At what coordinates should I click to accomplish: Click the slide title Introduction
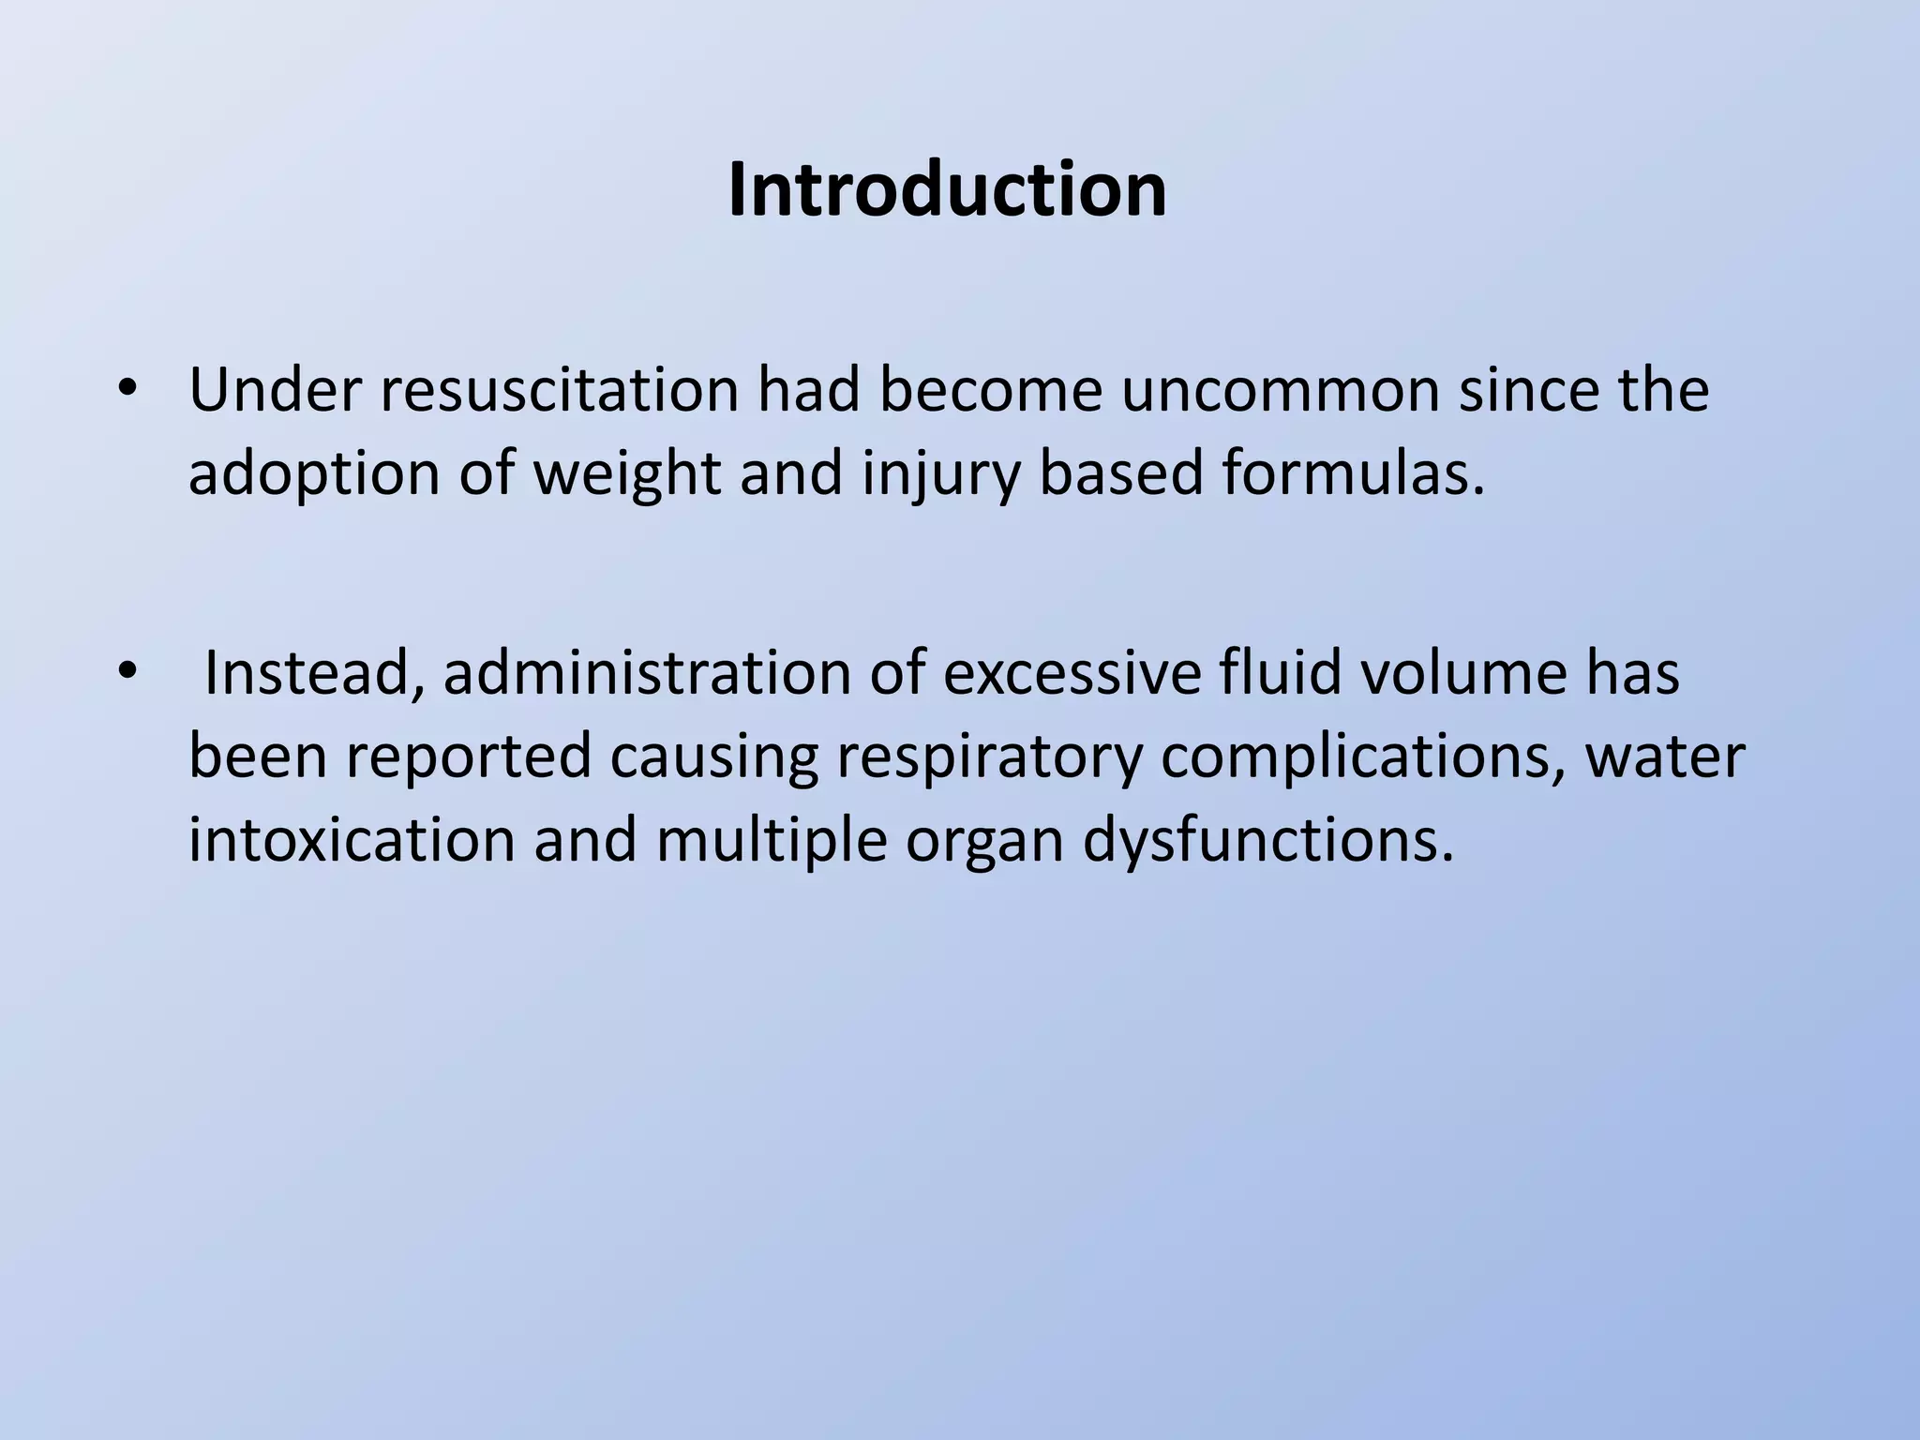pyautogui.click(x=947, y=191)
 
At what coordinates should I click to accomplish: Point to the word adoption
pyautogui.click(x=314, y=473)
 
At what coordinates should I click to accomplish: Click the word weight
pyautogui.click(x=627, y=475)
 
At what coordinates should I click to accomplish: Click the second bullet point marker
pyautogui.click(x=127, y=672)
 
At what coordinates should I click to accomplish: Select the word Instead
pyautogui.click(x=313, y=673)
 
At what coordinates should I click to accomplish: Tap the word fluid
pyautogui.click(x=1281, y=673)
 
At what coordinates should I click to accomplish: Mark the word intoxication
pyautogui.click(x=352, y=839)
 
